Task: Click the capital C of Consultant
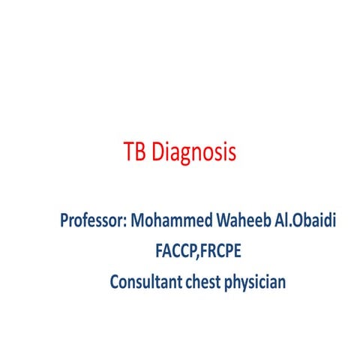coord(115,283)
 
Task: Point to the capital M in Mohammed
coord(138,222)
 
